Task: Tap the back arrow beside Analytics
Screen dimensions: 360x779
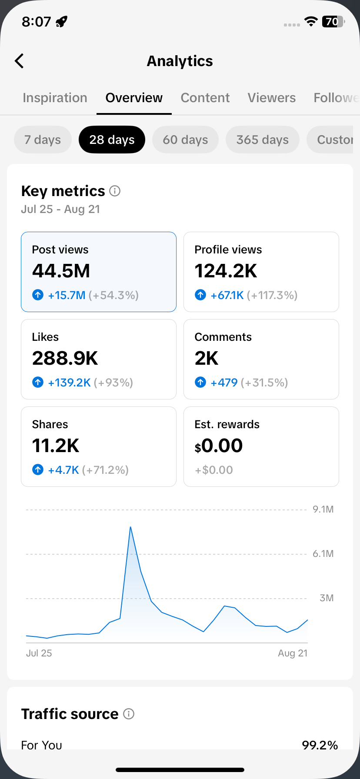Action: [19, 61]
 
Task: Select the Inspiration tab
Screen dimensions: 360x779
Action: [55, 98]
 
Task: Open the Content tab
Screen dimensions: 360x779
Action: [205, 98]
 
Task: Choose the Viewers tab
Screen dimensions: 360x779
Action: [272, 98]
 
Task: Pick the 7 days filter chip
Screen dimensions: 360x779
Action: [43, 140]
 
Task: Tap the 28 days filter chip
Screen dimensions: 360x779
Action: [112, 140]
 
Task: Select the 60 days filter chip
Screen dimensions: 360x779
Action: [185, 140]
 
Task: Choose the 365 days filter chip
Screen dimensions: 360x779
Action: [263, 140]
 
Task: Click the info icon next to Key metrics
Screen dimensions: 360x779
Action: [115, 191]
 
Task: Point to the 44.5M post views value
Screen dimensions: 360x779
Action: [61, 271]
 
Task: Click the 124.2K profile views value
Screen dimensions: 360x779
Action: [226, 271]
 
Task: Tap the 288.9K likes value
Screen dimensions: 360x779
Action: [65, 358]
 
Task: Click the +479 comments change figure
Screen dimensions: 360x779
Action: [224, 383]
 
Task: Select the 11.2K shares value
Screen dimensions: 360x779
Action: [56, 446]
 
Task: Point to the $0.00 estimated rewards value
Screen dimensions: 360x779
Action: [219, 446]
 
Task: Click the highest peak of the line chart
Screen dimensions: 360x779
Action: [130, 527]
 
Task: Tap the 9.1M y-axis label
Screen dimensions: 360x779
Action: [323, 509]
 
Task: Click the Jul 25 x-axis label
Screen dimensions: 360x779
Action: [39, 653]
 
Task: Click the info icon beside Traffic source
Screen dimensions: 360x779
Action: [129, 714]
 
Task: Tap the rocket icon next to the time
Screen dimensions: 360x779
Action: [62, 21]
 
